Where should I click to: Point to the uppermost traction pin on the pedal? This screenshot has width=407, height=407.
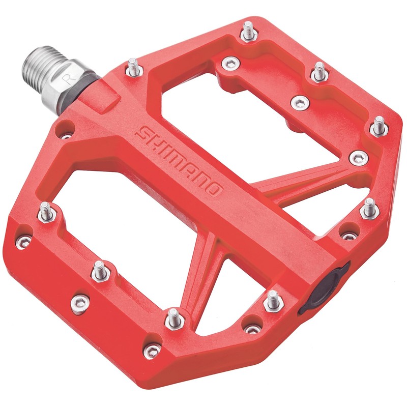pyautogui.click(x=248, y=32)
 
